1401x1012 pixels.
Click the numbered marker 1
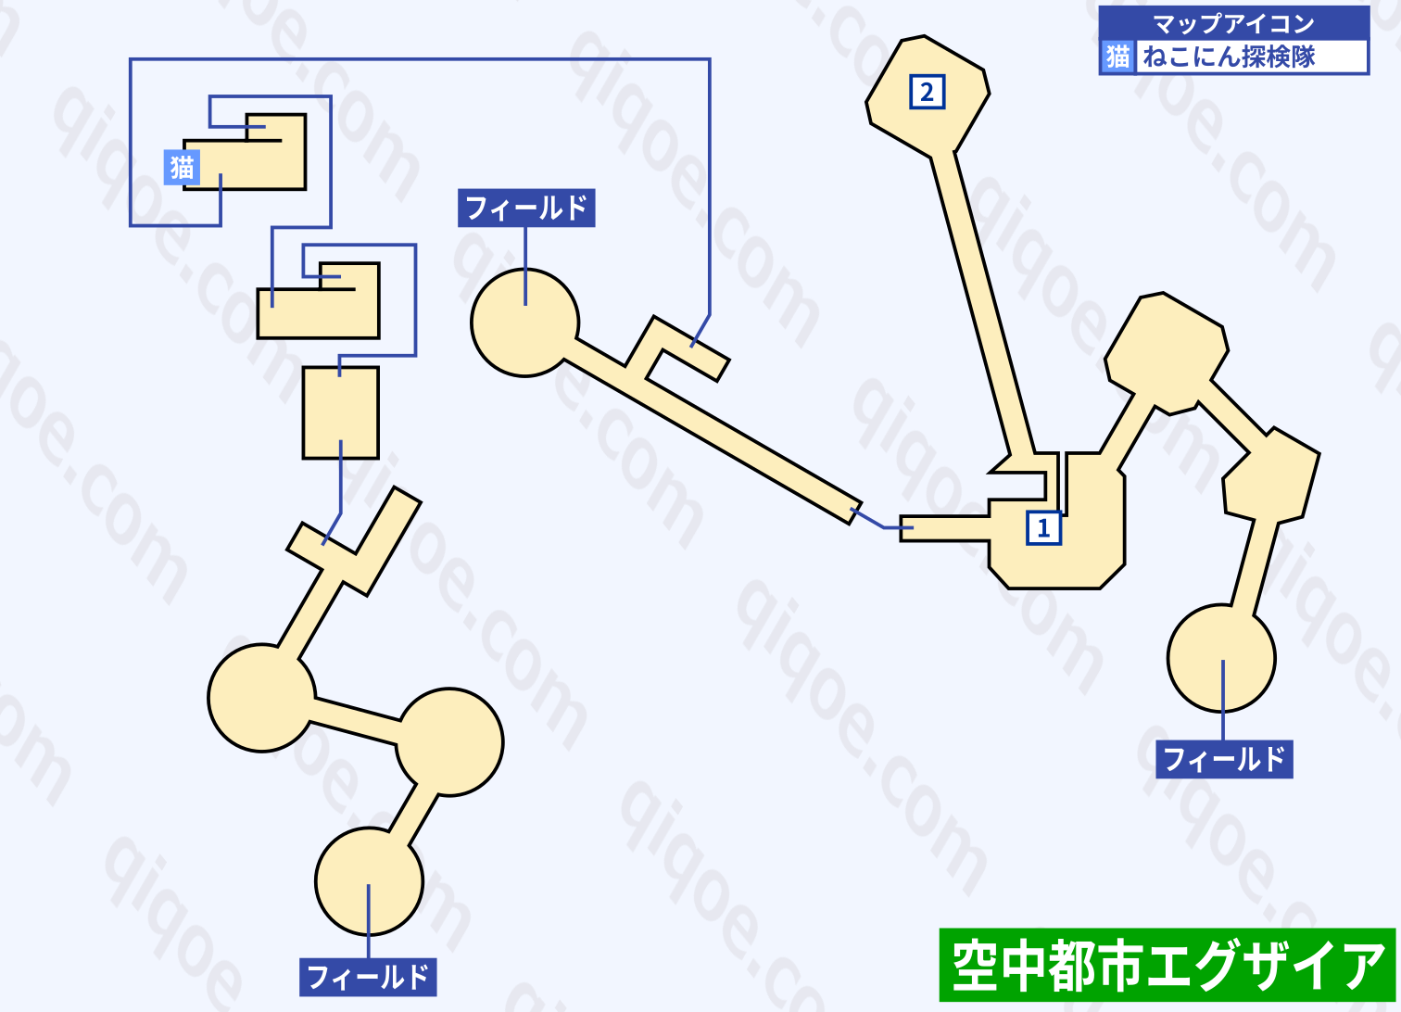pyautogui.click(x=1044, y=528)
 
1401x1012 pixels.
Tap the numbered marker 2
pyautogui.click(x=927, y=92)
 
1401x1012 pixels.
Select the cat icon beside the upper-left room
pyautogui.click(x=182, y=168)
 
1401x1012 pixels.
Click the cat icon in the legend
pyautogui.click(x=1117, y=57)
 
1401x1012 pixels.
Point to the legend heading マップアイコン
pyautogui.click(x=1233, y=24)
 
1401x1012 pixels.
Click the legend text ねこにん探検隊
pyautogui.click(x=1229, y=57)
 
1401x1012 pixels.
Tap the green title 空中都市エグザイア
pyautogui.click(x=1167, y=965)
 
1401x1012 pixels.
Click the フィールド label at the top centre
pyautogui.click(x=526, y=208)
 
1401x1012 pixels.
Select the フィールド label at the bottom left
pyautogui.click(x=368, y=977)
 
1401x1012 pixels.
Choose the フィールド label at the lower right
pyautogui.click(x=1224, y=759)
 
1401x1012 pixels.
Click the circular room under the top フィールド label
pyautogui.click(x=524, y=323)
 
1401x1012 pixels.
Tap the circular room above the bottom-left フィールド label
pyautogui.click(x=369, y=882)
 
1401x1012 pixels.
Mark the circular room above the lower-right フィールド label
pyautogui.click(x=1221, y=659)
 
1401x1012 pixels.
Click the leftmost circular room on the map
pyautogui.click(x=262, y=698)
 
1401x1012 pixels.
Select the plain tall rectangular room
pyautogui.click(x=341, y=412)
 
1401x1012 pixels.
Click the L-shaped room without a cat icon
pyautogui.click(x=319, y=301)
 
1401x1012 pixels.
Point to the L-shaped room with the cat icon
pyautogui.click(x=245, y=152)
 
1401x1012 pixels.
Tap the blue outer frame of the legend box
pyautogui.click(x=1234, y=41)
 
